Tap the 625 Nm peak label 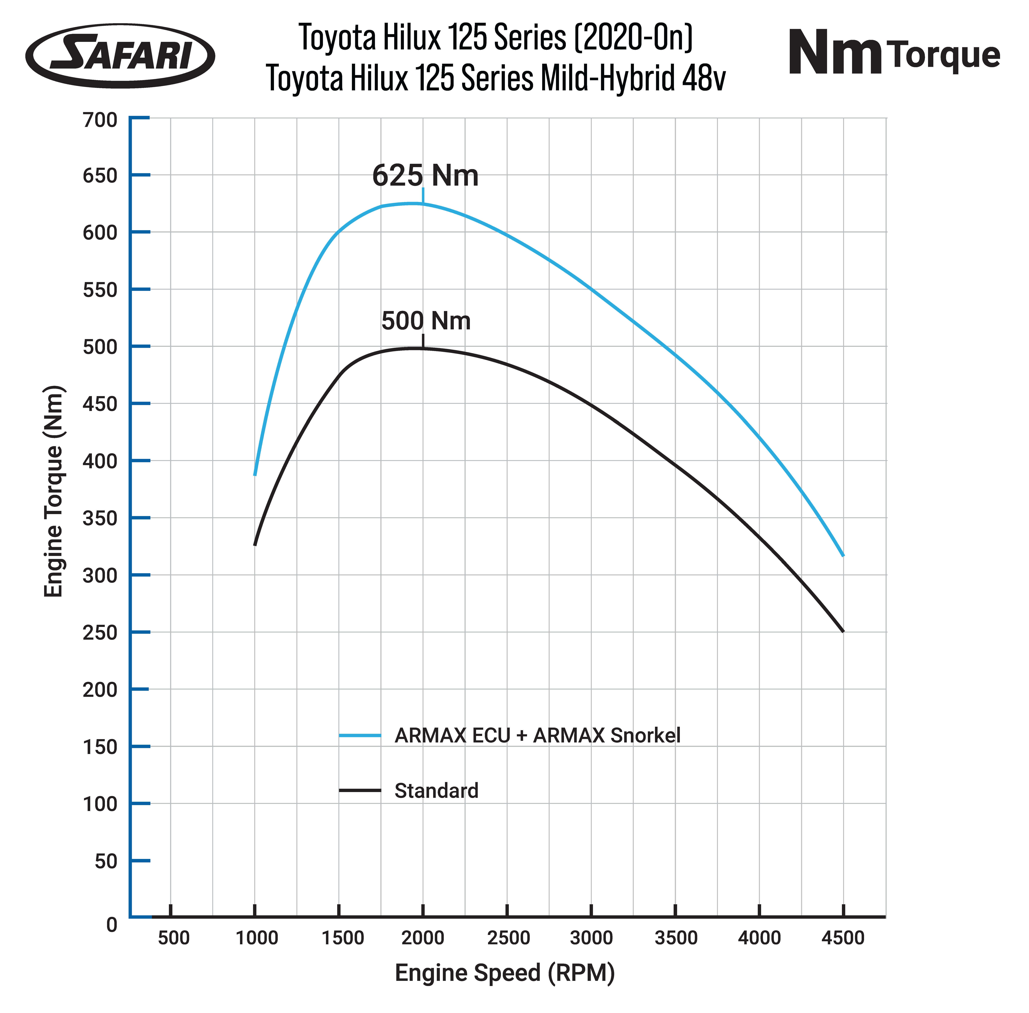pyautogui.click(x=425, y=176)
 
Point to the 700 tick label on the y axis pyautogui.click(x=100, y=120)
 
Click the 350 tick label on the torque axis pyautogui.click(x=100, y=518)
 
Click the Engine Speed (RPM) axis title pyautogui.click(x=505, y=973)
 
